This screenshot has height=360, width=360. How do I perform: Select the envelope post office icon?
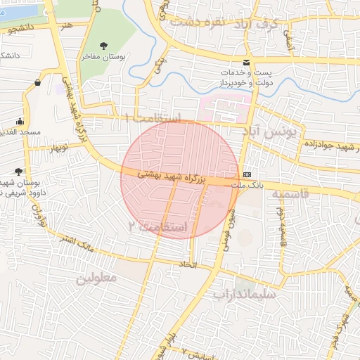point(246,62)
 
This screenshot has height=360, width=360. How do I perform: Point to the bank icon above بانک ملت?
point(247,174)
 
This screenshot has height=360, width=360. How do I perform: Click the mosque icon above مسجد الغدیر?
point(19,121)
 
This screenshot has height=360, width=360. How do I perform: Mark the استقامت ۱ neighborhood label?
point(153,117)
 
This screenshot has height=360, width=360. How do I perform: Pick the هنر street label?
point(66,26)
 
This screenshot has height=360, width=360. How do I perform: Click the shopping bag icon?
point(37,83)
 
